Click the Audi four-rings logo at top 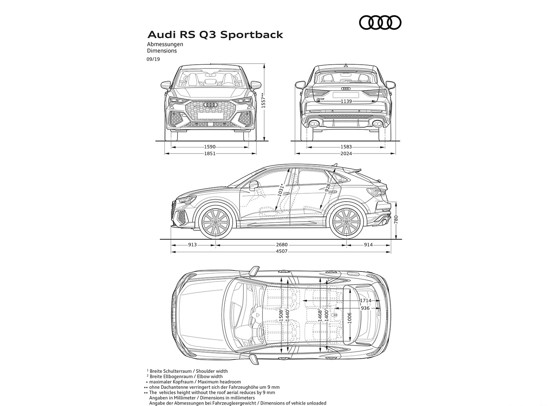point(380,23)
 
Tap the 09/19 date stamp point(153,59)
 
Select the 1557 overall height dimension point(263,101)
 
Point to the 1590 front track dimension point(210,147)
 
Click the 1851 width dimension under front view point(210,153)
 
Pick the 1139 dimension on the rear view point(346,101)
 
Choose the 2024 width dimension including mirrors point(346,153)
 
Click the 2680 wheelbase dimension point(282,245)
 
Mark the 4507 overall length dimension point(282,251)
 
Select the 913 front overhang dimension point(193,245)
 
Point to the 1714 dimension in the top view point(365,301)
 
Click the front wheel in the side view point(215,222)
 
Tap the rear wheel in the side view point(346,222)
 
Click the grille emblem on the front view point(210,104)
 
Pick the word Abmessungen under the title point(165,44)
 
